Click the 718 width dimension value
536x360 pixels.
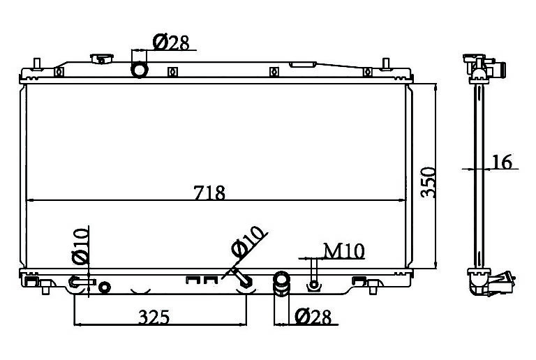[x=209, y=193]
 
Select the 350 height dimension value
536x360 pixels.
[x=429, y=182]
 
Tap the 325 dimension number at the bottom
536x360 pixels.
[x=154, y=317]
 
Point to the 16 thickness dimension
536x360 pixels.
[x=502, y=162]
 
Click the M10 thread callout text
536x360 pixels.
[x=344, y=251]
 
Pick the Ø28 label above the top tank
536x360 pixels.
[x=170, y=43]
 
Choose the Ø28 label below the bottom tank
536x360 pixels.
[x=313, y=317]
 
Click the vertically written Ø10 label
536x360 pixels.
[x=81, y=246]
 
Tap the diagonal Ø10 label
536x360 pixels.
[x=248, y=241]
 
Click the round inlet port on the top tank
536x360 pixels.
[x=140, y=69]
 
